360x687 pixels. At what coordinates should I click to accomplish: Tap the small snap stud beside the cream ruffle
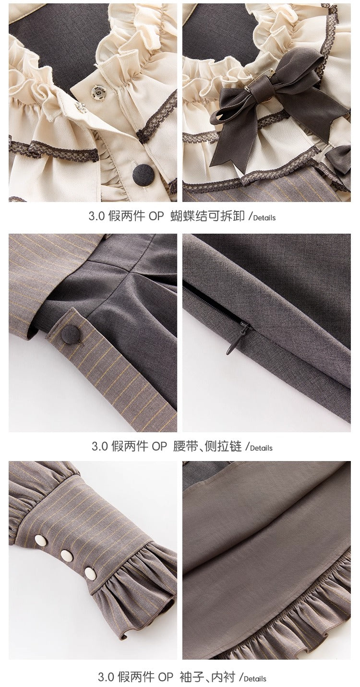[82, 108]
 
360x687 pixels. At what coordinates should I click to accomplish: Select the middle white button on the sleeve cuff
[67, 556]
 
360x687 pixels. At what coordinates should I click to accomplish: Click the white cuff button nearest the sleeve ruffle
[90, 573]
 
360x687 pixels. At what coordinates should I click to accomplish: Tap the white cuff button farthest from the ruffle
[40, 540]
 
